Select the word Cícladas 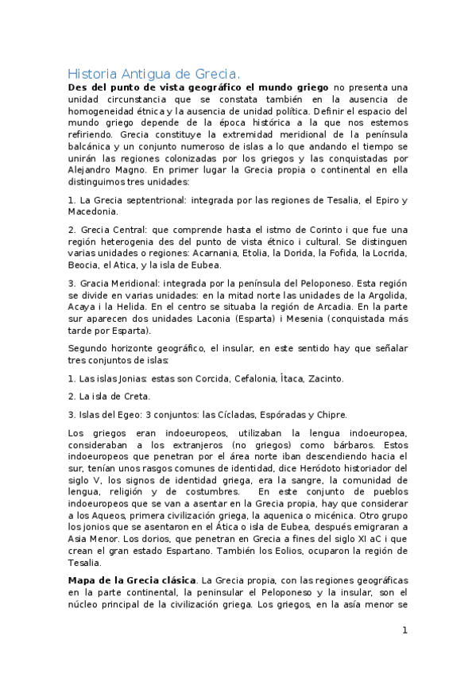click(x=236, y=414)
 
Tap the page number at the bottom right click(x=404, y=630)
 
